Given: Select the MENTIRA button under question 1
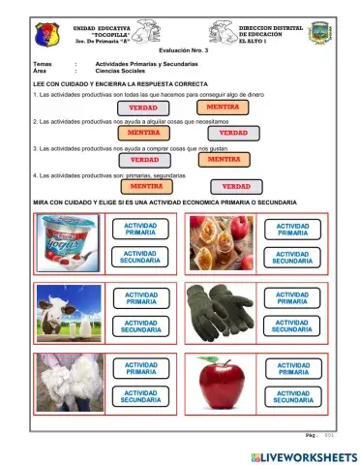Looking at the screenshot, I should pos(224,107).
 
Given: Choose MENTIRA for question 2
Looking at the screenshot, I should pos(144,133).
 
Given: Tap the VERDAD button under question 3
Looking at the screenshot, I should pos(145,159).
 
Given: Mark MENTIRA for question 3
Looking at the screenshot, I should pos(224,159).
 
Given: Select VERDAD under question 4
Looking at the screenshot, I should pos(236,185).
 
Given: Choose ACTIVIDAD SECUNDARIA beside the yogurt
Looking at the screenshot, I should pos(140,257).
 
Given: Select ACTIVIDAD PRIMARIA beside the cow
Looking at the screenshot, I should pos(140,298).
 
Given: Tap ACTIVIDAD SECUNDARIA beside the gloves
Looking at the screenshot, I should pos(293,325).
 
